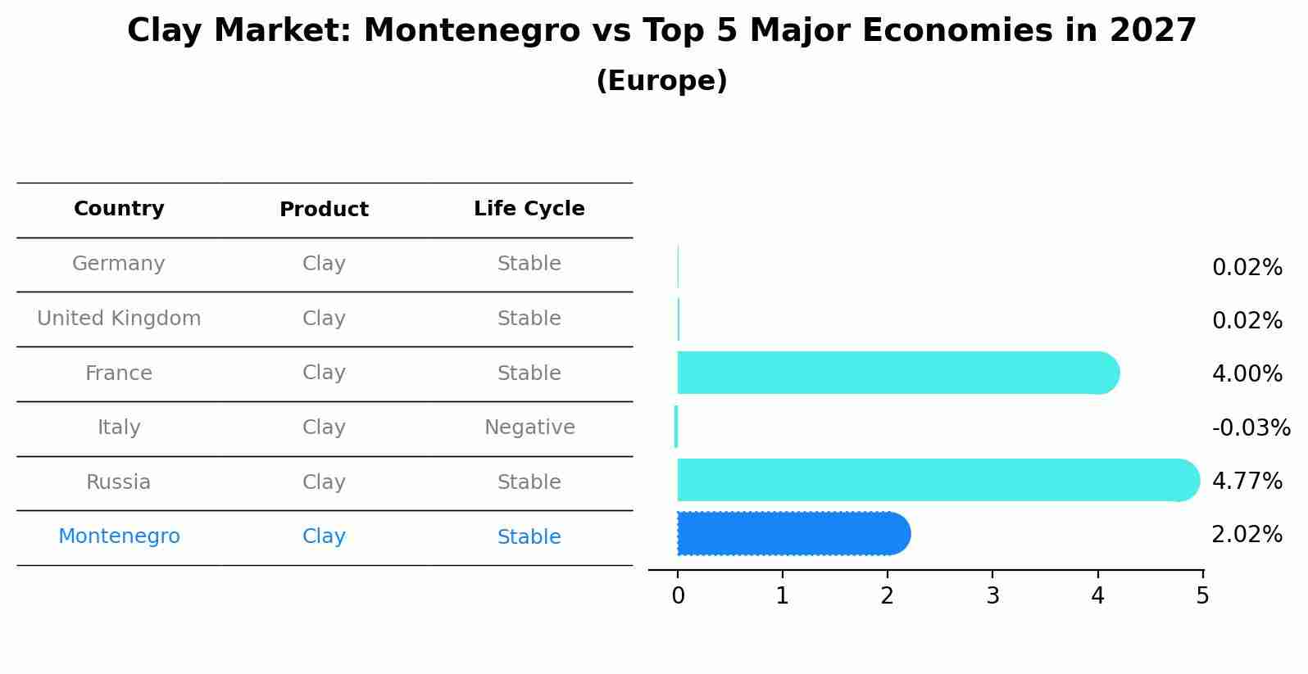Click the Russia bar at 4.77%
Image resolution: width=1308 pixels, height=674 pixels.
934,480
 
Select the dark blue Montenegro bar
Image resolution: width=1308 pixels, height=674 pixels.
792,534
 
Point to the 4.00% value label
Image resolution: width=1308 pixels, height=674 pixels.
1247,374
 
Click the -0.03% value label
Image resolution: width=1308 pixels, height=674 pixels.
1251,428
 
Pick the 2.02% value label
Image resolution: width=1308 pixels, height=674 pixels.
1247,535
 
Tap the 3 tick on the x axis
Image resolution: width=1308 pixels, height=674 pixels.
992,596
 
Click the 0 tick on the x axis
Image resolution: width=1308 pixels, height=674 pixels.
678,596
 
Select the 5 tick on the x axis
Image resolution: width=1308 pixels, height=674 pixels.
1202,596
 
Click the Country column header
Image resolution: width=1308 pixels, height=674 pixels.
119,209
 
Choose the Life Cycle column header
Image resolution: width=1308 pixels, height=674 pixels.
529,209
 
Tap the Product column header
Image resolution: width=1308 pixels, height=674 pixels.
324,210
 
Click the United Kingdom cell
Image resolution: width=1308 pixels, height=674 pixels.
119,319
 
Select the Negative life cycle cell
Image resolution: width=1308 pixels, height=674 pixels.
529,427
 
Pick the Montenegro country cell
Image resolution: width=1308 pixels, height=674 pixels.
119,536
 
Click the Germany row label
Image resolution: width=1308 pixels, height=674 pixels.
119,264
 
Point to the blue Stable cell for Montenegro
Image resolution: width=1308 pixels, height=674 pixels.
529,537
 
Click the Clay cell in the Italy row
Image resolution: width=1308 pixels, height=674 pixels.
324,427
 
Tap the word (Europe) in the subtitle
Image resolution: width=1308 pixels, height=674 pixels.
661,81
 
